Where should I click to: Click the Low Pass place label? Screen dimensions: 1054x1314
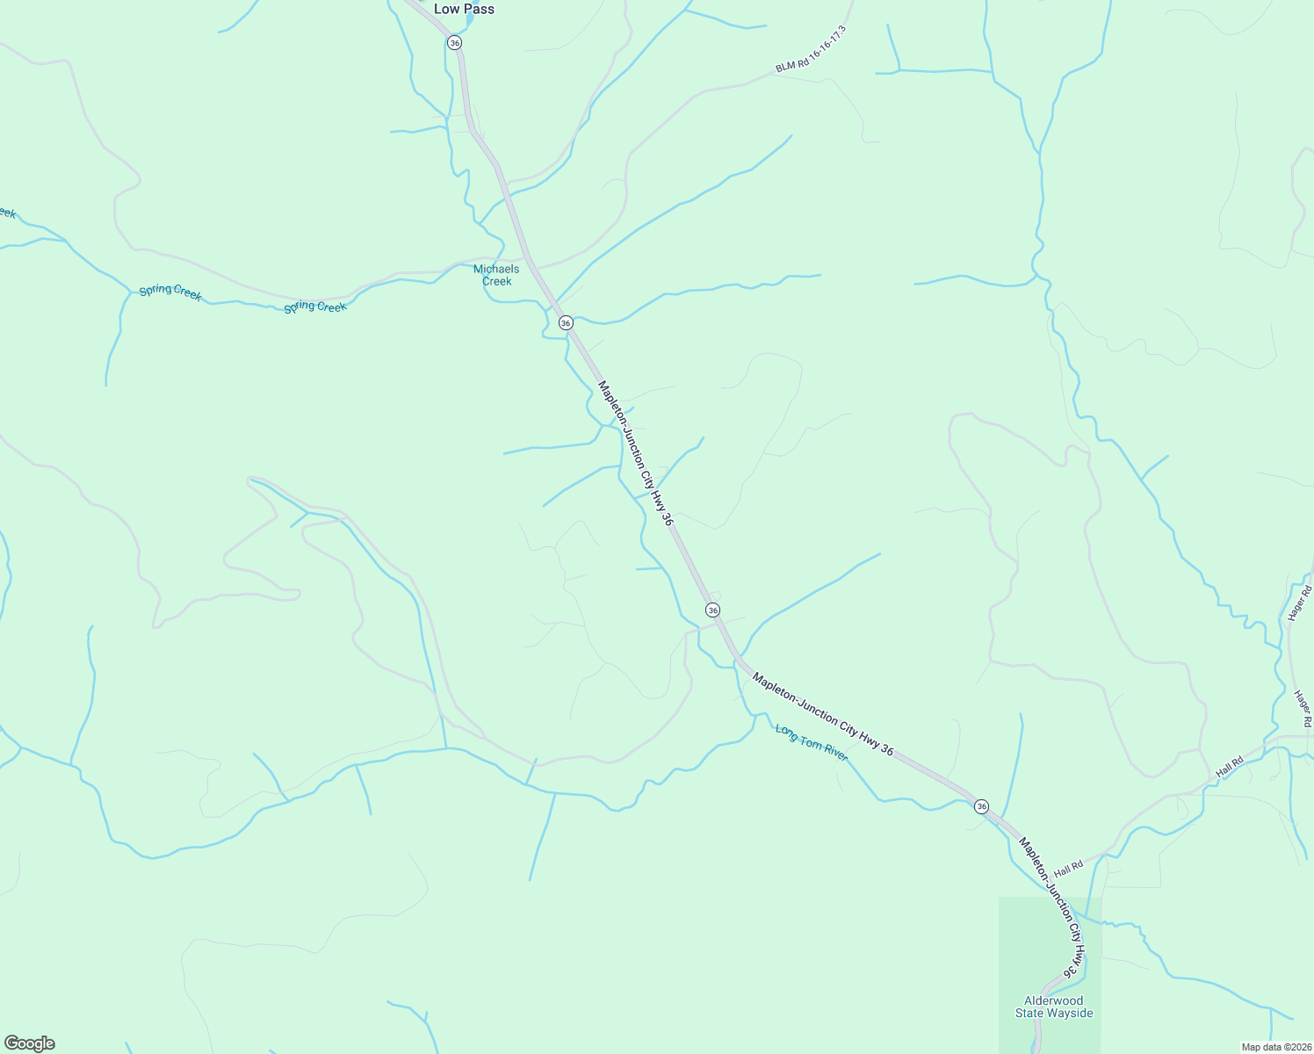tap(464, 9)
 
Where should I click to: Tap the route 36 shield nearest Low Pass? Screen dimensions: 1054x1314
tap(454, 42)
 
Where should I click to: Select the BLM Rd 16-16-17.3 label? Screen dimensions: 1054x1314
tap(811, 49)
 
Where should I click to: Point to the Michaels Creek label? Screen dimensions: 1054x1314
tap(496, 275)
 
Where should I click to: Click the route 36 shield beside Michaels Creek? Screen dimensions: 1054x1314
tap(566, 322)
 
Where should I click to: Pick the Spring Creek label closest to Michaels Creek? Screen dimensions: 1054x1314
tap(315, 307)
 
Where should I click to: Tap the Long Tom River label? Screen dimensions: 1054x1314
tap(812, 742)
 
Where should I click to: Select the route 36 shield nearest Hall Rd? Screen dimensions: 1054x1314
tap(981, 806)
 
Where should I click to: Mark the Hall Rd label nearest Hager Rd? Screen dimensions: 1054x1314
tap(1230, 767)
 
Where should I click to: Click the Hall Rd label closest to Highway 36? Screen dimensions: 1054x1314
tap(1069, 868)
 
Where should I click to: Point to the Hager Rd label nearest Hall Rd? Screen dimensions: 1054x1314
tap(1302, 708)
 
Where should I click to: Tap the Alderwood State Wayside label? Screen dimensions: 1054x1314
tap(1054, 1007)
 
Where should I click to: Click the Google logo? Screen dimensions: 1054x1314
tap(29, 1043)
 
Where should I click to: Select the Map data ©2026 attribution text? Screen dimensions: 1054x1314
tap(1275, 1047)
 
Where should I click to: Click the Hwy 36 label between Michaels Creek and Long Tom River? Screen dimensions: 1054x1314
tap(635, 453)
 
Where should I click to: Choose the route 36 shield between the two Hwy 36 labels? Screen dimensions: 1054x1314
tap(712, 610)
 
